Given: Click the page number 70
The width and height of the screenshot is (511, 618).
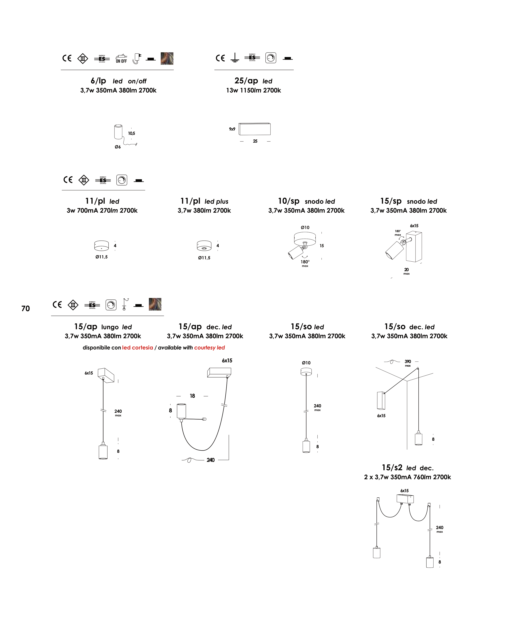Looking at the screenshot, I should (26, 309).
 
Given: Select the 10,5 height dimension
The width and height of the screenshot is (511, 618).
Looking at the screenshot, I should (131, 133).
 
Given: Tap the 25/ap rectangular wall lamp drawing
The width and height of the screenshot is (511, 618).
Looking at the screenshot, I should (255, 129).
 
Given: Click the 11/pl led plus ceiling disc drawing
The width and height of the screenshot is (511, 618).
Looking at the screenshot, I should (204, 246).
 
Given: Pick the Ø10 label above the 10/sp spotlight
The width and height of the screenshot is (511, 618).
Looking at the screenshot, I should (305, 227).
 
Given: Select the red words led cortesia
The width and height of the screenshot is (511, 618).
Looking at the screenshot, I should (137, 348).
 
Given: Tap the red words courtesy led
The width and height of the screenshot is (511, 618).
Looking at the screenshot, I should (209, 348).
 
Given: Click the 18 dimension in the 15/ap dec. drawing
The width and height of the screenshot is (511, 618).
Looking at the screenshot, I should (192, 396).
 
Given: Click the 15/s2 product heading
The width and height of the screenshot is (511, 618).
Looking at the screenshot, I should (392, 468).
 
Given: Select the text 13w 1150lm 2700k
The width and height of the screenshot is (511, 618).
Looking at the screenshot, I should (253, 91).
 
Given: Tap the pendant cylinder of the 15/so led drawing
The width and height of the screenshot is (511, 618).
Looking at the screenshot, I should (306, 447).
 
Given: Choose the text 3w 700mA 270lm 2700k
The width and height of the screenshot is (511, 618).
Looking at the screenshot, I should (102, 211).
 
